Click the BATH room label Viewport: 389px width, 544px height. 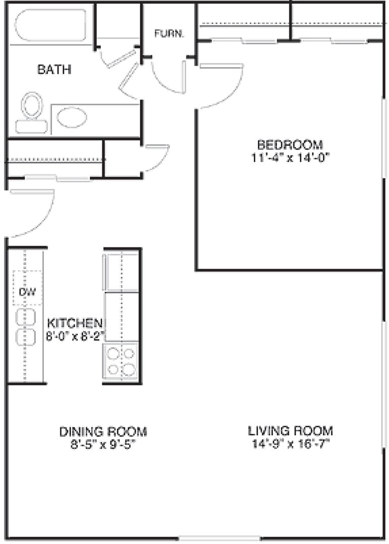pos(54,70)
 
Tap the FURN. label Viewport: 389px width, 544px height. pos(169,34)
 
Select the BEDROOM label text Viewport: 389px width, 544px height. pos(290,145)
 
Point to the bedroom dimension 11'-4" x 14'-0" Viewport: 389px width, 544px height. pos(290,158)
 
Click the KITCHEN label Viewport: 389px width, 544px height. pos(75,323)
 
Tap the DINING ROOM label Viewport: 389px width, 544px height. pos(103,432)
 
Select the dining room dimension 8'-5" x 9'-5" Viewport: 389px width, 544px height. pos(103,445)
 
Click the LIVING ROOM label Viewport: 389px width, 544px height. pos(290,431)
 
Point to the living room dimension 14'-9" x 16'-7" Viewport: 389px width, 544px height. pos(290,444)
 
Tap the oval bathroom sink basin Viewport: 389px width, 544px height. pos(72,117)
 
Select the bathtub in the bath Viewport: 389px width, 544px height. pos(50,25)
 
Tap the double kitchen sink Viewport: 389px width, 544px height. pos(26,327)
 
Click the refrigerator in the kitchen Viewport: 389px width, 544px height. pos(121,273)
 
